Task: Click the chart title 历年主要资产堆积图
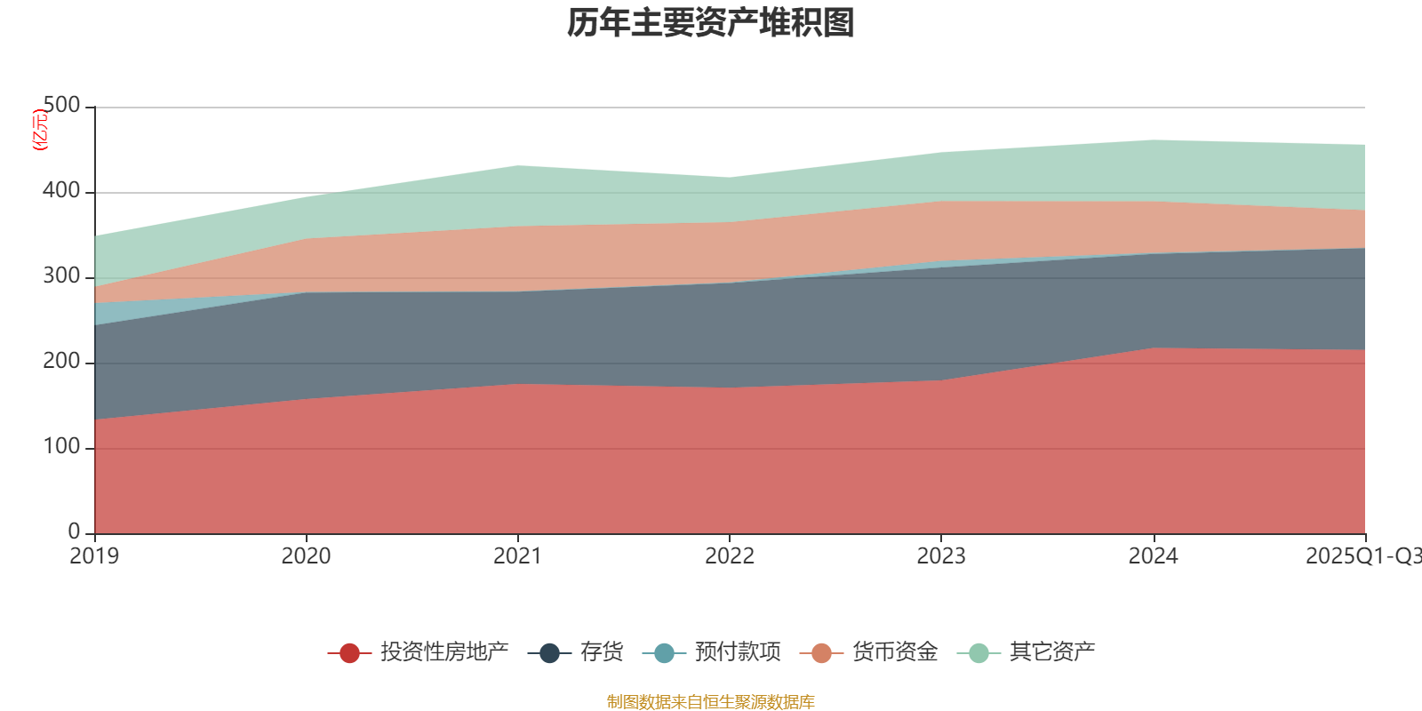(711, 23)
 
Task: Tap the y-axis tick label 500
(61, 106)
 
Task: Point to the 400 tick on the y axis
(61, 191)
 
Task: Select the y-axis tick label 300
(61, 276)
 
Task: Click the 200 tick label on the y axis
(61, 362)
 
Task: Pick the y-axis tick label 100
(61, 447)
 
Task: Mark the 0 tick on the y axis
(75, 531)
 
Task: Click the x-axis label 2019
(94, 556)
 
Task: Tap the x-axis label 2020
(306, 556)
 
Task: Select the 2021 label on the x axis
(517, 556)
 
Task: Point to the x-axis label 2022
(729, 556)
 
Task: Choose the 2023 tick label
(941, 556)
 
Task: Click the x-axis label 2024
(1153, 556)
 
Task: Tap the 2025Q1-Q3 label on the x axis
(1362, 556)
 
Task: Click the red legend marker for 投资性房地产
(349, 653)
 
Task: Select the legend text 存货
(601, 652)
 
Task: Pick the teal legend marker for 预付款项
(664, 653)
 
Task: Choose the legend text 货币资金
(894, 652)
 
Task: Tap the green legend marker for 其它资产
(979, 653)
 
